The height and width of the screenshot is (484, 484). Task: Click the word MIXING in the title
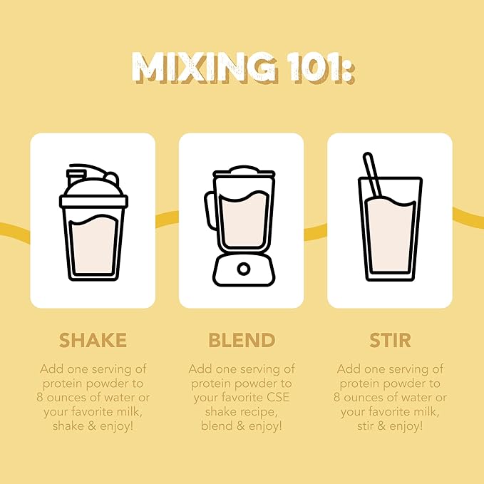point(205,68)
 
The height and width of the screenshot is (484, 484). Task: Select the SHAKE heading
point(93,340)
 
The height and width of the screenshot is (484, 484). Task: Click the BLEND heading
point(242,340)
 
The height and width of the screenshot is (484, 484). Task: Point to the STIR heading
point(390,340)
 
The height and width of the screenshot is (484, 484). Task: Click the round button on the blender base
point(244,269)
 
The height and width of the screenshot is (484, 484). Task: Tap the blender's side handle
point(210,210)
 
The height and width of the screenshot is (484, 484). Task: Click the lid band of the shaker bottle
point(93,201)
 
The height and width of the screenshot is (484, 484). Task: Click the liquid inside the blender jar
point(244,219)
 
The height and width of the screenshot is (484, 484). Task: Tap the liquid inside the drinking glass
point(391,235)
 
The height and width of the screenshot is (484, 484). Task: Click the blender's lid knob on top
point(244,170)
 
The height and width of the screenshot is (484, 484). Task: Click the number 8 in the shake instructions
point(40,397)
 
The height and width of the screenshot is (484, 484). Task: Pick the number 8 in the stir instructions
point(336,397)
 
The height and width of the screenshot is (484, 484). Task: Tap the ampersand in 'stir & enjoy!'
point(381,426)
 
